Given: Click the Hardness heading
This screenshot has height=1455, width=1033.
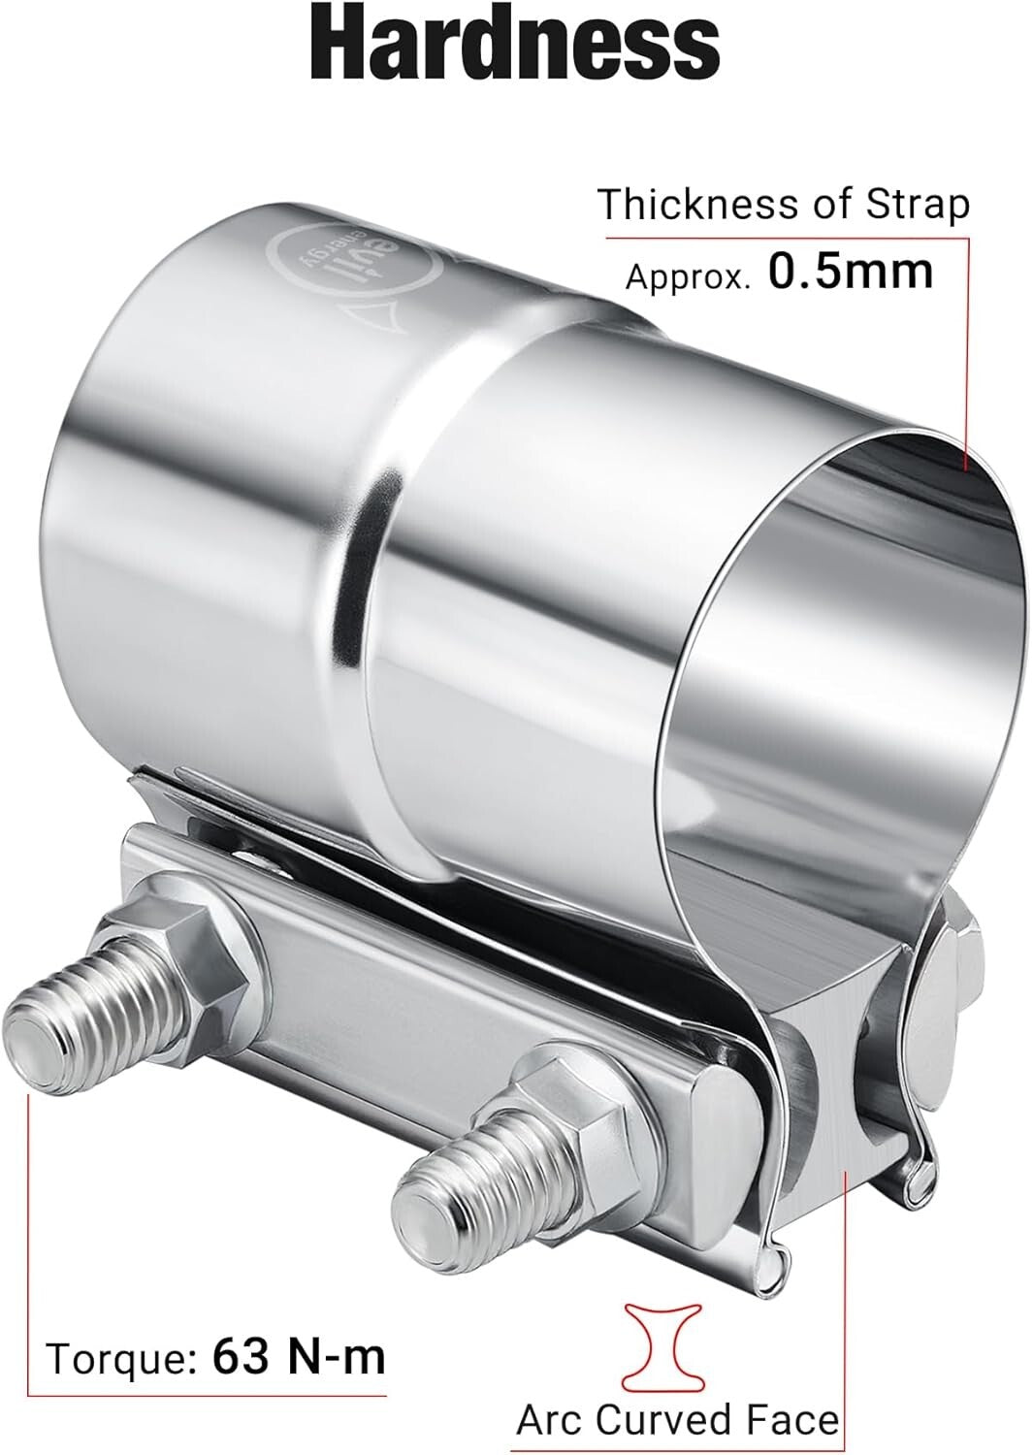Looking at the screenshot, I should pyautogui.click(x=515, y=45).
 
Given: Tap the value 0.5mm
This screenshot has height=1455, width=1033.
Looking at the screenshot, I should pyautogui.click(x=851, y=273).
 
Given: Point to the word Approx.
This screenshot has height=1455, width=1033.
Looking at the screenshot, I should pyautogui.click(x=688, y=276).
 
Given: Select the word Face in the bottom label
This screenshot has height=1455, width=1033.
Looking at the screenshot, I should pyautogui.click(x=793, y=1420).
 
